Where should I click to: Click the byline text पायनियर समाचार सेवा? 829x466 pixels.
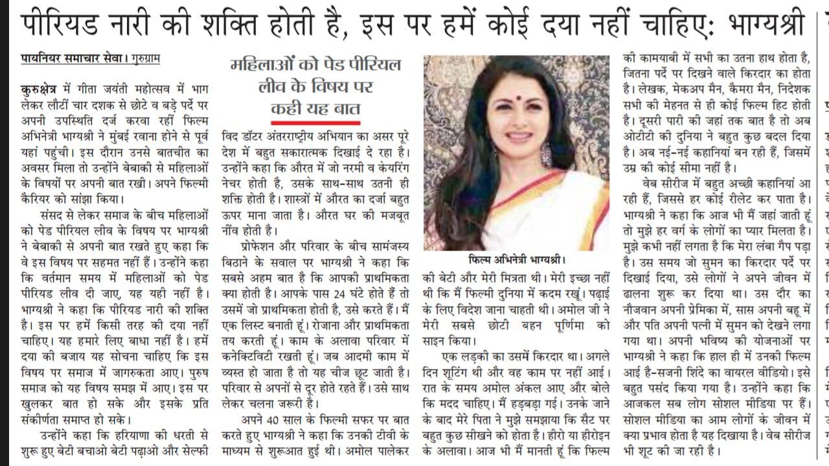pyautogui.click(x=70, y=59)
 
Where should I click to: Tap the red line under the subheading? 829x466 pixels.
pyautogui.click(x=315, y=122)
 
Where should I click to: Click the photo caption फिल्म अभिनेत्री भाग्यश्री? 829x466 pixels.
pyautogui.click(x=516, y=260)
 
